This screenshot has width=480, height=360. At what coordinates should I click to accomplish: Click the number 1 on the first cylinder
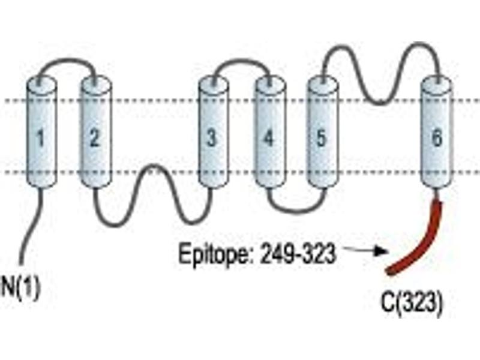click(x=40, y=138)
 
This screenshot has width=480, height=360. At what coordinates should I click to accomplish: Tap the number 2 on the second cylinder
click(x=95, y=138)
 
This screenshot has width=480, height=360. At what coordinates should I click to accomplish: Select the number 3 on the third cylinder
click(x=212, y=138)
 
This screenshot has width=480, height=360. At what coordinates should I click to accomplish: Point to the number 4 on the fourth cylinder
click(x=268, y=138)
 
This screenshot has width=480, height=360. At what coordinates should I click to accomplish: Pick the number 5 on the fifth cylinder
click(x=321, y=138)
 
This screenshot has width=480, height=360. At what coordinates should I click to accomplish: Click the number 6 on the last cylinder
click(x=437, y=138)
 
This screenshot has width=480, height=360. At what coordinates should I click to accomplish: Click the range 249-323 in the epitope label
click(x=298, y=254)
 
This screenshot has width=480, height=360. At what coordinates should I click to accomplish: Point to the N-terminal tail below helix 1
click(x=31, y=227)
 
